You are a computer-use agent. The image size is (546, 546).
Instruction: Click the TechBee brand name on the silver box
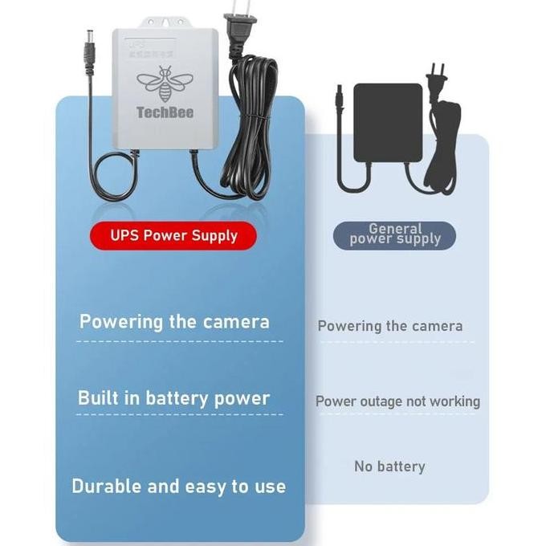pyautogui.click(x=165, y=112)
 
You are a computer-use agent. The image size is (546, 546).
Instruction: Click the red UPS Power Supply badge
pyautogui.click(x=173, y=236)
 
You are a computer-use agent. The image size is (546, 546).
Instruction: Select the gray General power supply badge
pyautogui.click(x=394, y=234)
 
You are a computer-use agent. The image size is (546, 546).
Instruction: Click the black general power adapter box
pyautogui.click(x=388, y=122)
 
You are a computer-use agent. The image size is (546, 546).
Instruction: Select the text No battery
pyautogui.click(x=389, y=467)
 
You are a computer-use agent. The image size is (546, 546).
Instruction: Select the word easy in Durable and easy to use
pyautogui.click(x=208, y=487)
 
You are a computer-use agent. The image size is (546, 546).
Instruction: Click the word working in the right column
pyautogui.click(x=455, y=401)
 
